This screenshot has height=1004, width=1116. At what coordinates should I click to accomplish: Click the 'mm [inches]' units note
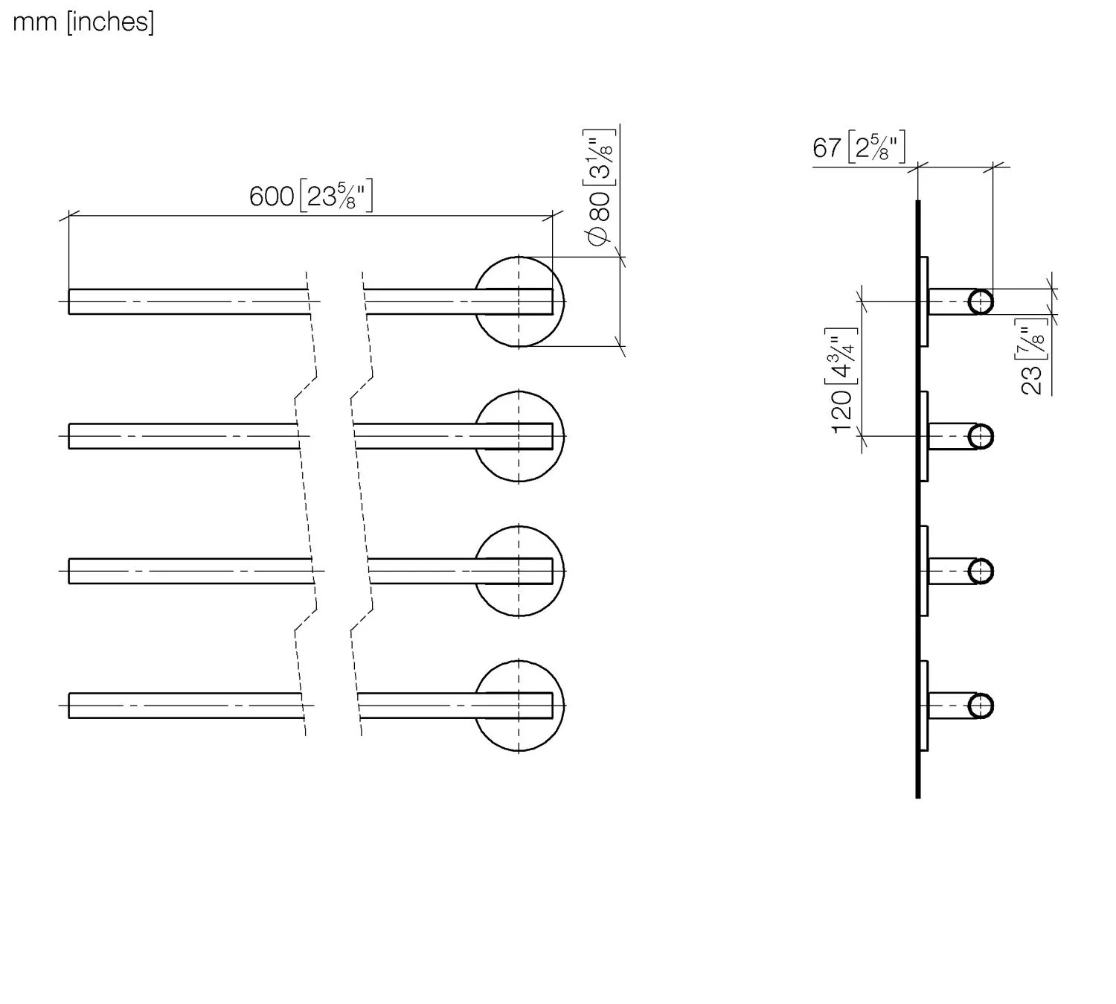click(83, 23)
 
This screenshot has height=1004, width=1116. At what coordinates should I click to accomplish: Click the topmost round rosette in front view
click(519, 301)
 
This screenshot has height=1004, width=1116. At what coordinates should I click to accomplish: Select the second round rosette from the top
click(519, 436)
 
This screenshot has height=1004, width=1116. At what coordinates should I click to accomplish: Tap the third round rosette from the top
click(519, 571)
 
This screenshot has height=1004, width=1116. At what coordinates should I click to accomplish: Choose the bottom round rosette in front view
click(519, 706)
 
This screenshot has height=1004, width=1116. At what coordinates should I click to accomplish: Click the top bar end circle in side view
click(981, 301)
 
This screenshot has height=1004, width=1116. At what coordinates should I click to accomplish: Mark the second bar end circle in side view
click(981, 436)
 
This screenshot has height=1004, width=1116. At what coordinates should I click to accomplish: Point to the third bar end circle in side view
click(981, 571)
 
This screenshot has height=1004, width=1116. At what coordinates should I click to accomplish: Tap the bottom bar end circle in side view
click(981, 706)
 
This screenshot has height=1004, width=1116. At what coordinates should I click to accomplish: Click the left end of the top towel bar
click(69, 301)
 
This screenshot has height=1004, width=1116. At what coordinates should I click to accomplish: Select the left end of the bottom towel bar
click(69, 706)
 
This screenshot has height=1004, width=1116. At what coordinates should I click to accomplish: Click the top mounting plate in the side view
click(924, 301)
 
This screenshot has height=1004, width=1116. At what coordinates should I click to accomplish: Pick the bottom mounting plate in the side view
click(924, 706)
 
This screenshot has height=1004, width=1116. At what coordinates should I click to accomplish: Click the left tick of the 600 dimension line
click(69, 216)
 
